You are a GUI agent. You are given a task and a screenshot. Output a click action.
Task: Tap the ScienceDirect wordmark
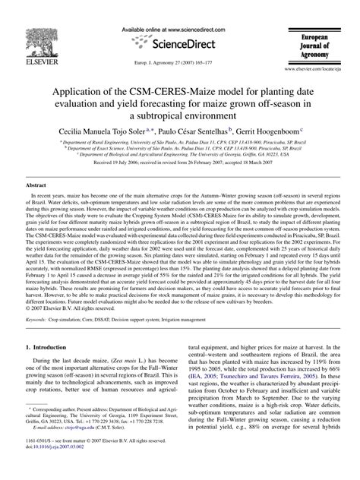coord(178,39)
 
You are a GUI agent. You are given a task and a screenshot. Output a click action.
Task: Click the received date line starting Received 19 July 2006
coord(179,163)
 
